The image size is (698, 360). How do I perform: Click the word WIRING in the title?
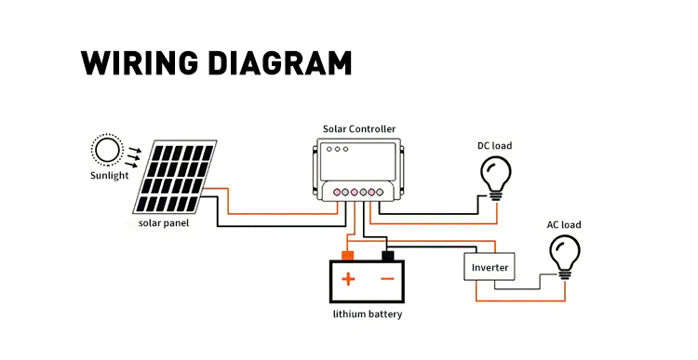click(x=140, y=62)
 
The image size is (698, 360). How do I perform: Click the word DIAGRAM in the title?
click(x=280, y=62)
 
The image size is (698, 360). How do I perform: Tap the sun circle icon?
click(x=107, y=150)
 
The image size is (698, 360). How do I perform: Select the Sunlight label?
click(x=109, y=175)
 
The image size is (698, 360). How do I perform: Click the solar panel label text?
click(x=164, y=222)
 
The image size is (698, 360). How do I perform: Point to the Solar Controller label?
click(x=359, y=129)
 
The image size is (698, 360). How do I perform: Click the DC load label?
click(x=494, y=145)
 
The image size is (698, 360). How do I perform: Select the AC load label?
click(x=564, y=225)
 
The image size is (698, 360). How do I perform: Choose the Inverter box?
click(x=490, y=267)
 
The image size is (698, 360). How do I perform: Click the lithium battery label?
click(x=368, y=313)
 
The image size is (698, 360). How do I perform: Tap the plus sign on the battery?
click(x=348, y=279)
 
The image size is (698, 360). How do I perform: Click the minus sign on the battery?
click(x=388, y=279)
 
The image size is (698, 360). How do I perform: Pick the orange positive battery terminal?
click(x=347, y=256)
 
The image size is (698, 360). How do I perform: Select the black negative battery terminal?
click(x=388, y=256)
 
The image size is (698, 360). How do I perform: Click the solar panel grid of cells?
click(x=175, y=178)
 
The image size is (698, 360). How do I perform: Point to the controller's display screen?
click(x=359, y=161)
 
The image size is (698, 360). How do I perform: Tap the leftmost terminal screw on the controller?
click(x=337, y=193)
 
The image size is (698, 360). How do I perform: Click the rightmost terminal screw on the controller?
click(x=380, y=193)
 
